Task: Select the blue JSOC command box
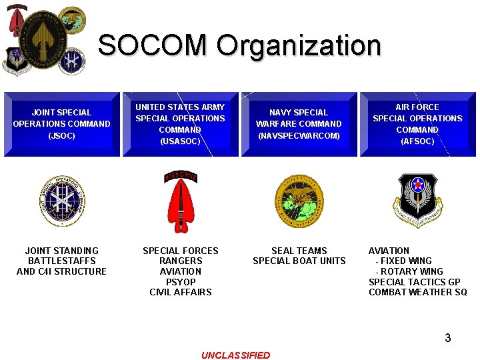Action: pos(62,124)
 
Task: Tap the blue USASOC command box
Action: pos(180,124)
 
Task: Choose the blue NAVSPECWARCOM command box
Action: pos(299,124)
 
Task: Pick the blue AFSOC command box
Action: pos(417,124)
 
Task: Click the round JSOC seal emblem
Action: pos(62,201)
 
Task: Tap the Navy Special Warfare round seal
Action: pos(299,201)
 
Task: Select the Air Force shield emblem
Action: pos(417,198)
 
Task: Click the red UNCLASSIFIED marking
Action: pos(236,355)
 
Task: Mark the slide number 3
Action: pos(448,338)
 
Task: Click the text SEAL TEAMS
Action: pos(299,251)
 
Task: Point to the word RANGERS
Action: pos(181,261)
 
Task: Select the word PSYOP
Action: pos(181,282)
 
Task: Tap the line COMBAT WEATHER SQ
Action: pos(418,292)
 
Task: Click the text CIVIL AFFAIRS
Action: pos(181,292)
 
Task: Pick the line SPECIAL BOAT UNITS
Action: pos(299,261)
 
